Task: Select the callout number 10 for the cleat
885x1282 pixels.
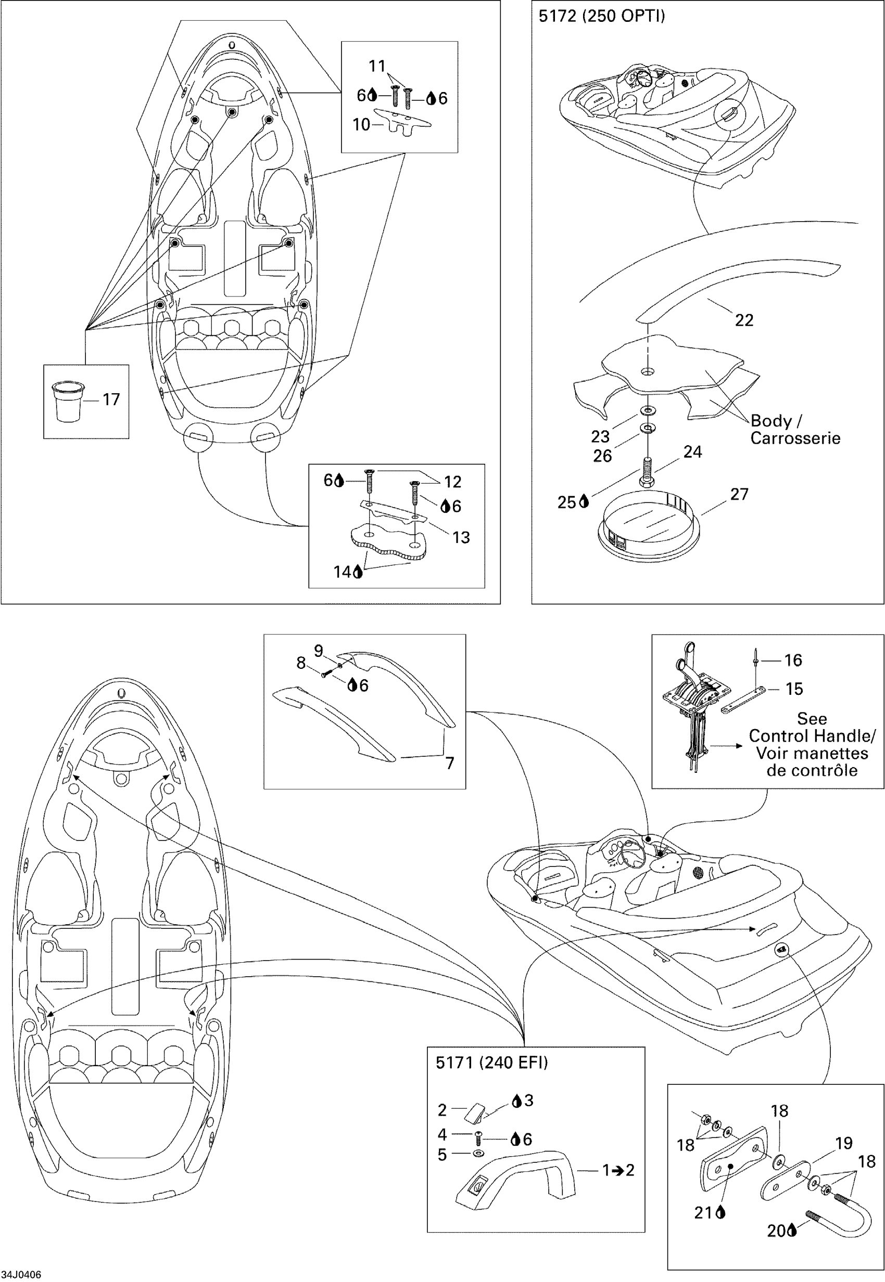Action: (x=361, y=125)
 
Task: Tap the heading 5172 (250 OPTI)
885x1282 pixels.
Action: (x=602, y=16)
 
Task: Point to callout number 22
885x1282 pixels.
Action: (x=743, y=320)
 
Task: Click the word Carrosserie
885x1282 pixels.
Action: (x=795, y=438)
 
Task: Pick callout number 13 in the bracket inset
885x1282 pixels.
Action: (x=461, y=537)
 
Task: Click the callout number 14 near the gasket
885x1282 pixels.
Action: (x=342, y=572)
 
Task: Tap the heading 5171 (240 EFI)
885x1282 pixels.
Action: (x=491, y=1062)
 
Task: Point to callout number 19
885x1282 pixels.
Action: (x=843, y=1143)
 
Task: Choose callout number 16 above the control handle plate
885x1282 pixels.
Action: (x=793, y=660)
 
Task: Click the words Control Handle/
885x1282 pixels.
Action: (x=812, y=736)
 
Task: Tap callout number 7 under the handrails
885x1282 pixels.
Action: (x=450, y=763)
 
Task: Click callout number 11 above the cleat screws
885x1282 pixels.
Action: (x=377, y=66)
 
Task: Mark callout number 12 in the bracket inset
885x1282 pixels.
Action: (x=452, y=482)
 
